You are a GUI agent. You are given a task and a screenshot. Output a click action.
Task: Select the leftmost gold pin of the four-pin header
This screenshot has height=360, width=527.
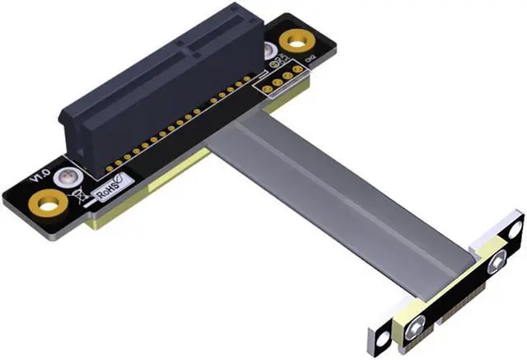click(x=267, y=86)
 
